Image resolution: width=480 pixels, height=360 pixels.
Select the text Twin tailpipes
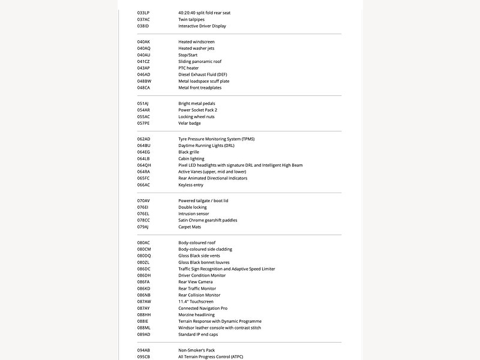coord(191,19)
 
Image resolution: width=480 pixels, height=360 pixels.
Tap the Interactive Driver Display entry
coord(202,26)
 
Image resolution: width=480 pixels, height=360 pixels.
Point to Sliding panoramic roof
coord(200,61)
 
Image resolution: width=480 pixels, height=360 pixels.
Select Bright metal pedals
coord(197,103)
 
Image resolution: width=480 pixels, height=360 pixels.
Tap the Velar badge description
coord(190,123)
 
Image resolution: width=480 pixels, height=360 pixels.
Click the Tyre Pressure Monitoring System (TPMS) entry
coord(216,139)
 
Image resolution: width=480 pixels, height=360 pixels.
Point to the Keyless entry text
coord(191,185)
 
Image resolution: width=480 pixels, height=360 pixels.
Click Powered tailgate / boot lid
coord(203,200)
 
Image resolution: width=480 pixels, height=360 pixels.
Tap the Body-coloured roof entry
coord(197,242)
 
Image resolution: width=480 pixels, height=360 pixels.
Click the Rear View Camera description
coord(196,282)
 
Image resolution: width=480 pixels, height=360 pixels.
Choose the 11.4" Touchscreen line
coord(196,301)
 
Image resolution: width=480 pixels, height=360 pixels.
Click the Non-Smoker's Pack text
coord(196,350)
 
